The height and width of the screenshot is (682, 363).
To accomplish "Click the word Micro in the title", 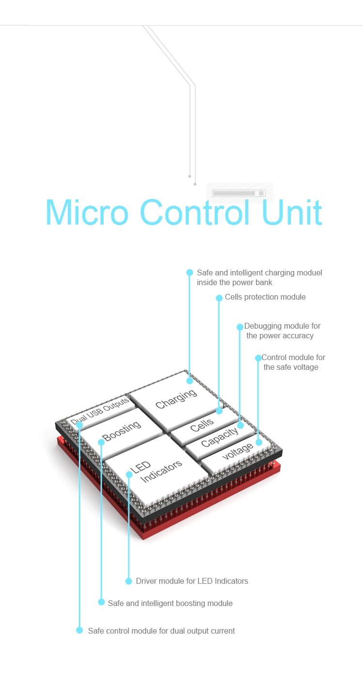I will [x=87, y=212].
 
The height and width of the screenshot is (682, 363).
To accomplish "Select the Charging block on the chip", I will [x=176, y=399].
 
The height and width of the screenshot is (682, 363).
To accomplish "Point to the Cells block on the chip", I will [x=202, y=425].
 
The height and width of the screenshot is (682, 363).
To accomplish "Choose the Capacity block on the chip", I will [x=219, y=437].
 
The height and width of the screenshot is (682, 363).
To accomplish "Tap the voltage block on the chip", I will [x=238, y=452].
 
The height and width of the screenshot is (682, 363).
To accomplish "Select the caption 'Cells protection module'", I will [x=265, y=297].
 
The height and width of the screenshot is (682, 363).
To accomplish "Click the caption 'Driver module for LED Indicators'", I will [x=192, y=581].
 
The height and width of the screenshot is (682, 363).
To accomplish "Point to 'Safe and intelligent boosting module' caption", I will [x=170, y=603].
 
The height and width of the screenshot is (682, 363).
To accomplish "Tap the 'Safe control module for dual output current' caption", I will [x=161, y=631].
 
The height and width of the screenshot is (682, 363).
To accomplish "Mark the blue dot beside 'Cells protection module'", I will [x=219, y=298].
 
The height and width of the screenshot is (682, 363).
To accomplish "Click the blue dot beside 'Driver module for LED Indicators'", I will [x=129, y=581].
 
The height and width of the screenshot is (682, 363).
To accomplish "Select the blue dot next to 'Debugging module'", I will [x=240, y=327].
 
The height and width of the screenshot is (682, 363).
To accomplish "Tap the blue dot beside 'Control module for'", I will [x=258, y=358].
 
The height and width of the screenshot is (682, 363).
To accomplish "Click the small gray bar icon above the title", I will [x=239, y=193].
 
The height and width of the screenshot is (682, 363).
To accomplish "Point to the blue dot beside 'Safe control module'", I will [x=79, y=630].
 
